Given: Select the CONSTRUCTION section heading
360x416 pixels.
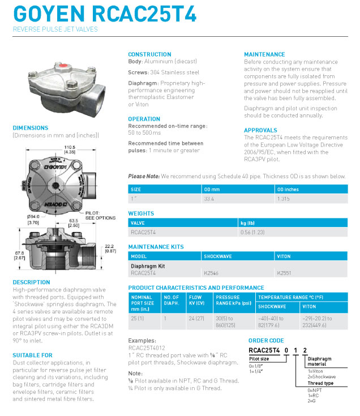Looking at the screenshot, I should point(149,54).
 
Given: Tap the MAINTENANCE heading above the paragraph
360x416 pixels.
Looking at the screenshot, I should point(264,54).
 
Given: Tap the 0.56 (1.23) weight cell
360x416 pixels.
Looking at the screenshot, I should point(253,231).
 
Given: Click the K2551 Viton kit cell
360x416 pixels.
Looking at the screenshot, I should point(284,273).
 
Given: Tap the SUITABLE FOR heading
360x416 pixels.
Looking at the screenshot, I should point(32,355).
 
